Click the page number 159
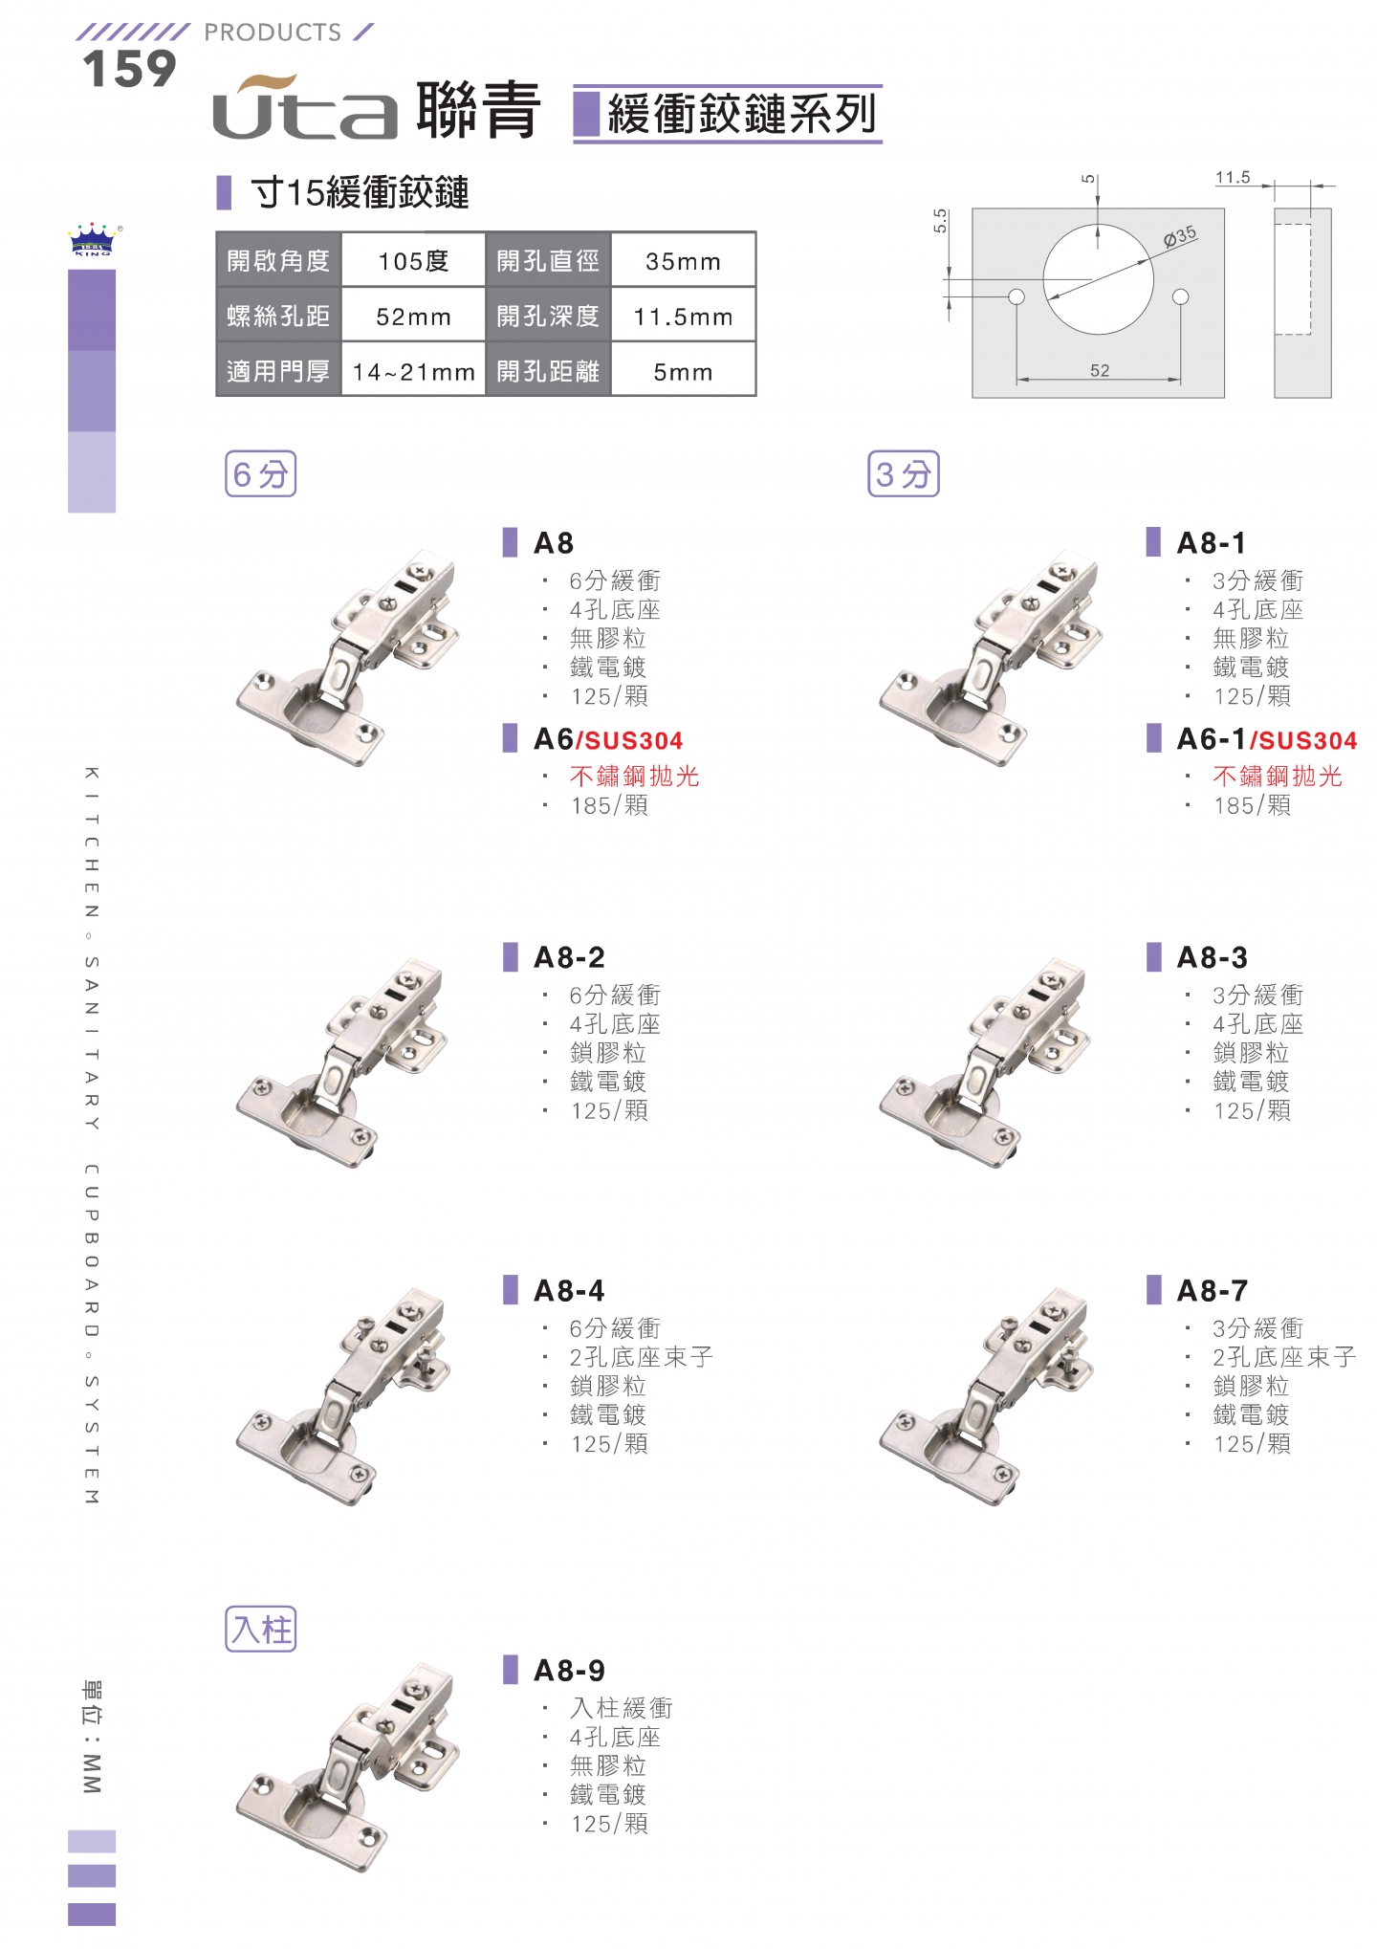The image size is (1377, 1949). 129,69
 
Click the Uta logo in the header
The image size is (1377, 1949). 304,107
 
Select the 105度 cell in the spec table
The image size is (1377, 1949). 413,260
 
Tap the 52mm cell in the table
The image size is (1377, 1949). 413,316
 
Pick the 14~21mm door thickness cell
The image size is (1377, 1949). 413,371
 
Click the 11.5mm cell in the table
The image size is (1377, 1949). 683,316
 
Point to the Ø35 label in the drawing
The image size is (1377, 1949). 1179,236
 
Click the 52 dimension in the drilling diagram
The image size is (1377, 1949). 1100,370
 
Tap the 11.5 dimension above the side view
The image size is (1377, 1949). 1233,177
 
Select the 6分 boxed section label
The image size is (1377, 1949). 260,473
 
